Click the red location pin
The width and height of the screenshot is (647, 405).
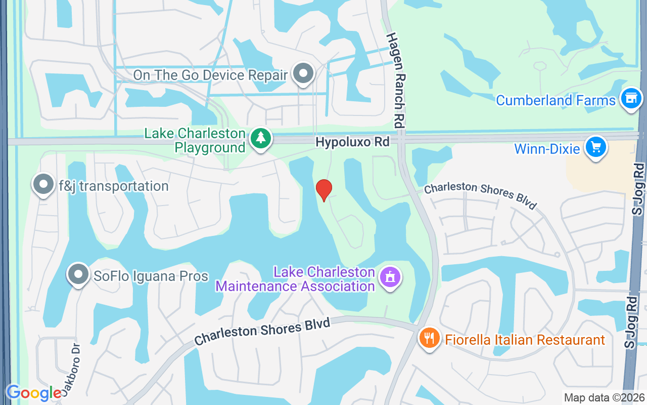tap(324, 190)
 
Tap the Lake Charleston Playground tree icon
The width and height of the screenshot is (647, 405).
tap(261, 138)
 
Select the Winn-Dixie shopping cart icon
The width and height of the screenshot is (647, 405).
tap(595, 147)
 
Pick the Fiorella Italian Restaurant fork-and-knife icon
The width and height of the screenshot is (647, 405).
tap(429, 338)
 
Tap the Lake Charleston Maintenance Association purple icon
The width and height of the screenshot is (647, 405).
tap(390, 277)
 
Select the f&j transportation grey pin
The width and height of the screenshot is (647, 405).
tap(43, 184)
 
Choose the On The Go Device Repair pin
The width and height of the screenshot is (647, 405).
tap(303, 73)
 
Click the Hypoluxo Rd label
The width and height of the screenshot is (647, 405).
tap(353, 142)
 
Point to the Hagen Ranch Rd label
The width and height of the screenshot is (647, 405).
tap(397, 80)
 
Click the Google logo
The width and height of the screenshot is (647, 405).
tap(33, 393)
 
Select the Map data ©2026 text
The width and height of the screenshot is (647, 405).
tap(604, 397)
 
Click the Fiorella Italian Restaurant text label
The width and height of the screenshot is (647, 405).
tap(525, 340)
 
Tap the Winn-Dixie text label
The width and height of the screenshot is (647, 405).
tap(547, 149)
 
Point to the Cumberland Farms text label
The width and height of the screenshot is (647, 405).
tap(556, 100)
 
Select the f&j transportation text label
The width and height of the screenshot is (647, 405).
tap(114, 186)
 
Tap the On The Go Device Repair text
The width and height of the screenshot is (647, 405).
tap(210, 75)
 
